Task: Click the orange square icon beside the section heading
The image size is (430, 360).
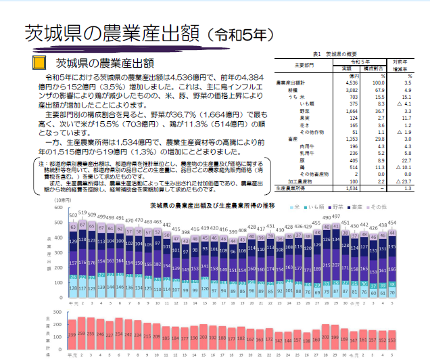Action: click(x=40, y=63)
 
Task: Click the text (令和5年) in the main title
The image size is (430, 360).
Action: click(x=241, y=32)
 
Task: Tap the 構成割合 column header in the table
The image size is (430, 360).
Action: click(x=372, y=68)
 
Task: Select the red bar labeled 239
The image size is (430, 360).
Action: click(x=72, y=334)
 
